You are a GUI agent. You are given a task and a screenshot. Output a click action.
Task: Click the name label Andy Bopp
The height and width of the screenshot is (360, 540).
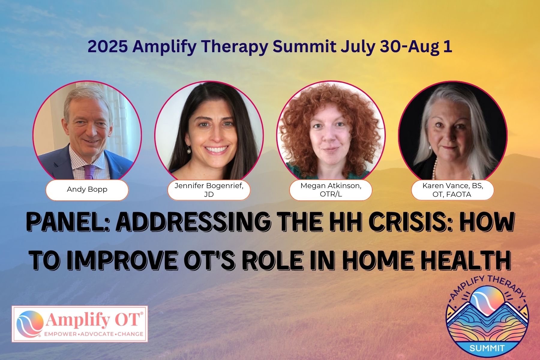click(x=87, y=190)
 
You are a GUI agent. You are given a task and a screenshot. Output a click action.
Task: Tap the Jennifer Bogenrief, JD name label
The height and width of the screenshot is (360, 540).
click(x=209, y=190)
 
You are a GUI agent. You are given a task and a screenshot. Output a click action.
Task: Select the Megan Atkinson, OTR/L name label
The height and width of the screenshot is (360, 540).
click(x=331, y=190)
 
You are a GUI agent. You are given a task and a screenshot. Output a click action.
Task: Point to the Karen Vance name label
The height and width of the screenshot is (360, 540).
click(x=453, y=190)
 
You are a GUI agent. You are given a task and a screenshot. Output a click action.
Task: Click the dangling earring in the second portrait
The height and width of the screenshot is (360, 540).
click(x=189, y=149)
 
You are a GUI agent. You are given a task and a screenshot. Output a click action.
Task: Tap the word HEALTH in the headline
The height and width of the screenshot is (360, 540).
click(x=466, y=259)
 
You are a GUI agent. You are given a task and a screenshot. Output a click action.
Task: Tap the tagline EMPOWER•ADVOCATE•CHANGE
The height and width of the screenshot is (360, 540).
click(x=93, y=334)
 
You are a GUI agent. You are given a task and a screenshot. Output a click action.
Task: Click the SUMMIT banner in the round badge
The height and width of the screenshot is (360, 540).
click(x=487, y=348)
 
